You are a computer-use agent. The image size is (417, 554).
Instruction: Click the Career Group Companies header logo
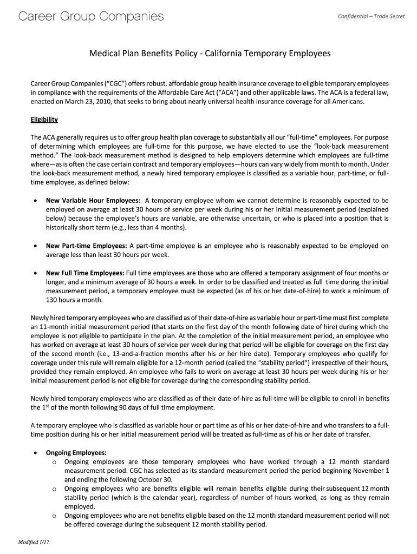[x=90, y=17]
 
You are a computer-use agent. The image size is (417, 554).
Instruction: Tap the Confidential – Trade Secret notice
[x=371, y=16]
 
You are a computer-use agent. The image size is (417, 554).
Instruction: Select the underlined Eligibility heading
[x=44, y=119]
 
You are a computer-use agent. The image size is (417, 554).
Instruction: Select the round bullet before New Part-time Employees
[x=35, y=246]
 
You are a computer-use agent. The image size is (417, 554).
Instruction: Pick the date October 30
[x=155, y=479]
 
